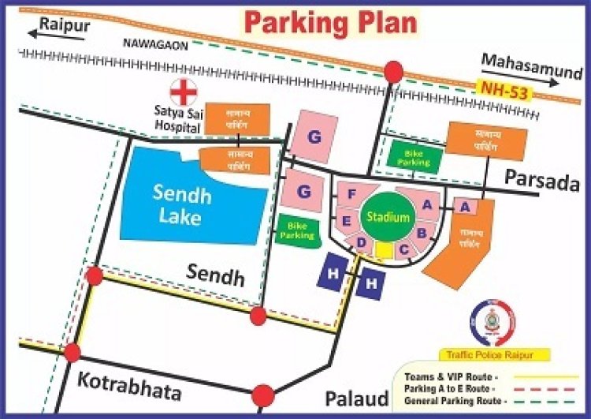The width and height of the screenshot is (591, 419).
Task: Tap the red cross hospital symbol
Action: [x=185, y=92]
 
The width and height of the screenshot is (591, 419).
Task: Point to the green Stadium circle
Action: [x=387, y=217]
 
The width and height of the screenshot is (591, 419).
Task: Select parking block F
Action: [x=353, y=195]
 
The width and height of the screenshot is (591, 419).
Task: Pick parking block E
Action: [x=346, y=220]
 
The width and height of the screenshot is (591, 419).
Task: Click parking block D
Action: [x=361, y=242]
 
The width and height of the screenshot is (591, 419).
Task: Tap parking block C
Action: [x=403, y=251]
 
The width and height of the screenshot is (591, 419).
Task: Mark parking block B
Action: [x=422, y=233]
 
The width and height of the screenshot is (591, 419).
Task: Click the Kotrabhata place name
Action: [x=129, y=390]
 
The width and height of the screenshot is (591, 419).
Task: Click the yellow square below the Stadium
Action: [x=384, y=250]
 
